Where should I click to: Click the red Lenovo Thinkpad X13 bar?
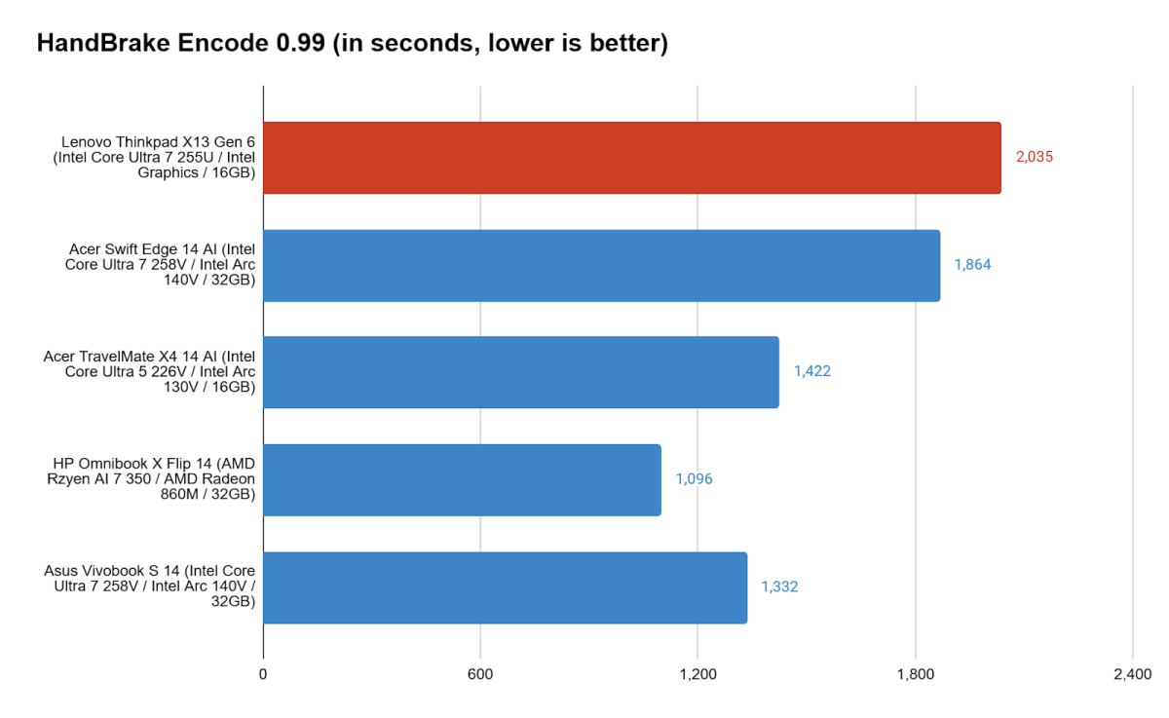[x=631, y=158]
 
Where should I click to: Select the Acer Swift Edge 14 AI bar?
[x=601, y=265]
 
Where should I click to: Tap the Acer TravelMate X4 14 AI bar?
[x=520, y=372]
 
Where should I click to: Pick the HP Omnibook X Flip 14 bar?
[x=462, y=479]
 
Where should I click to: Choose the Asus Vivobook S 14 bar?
[x=505, y=587]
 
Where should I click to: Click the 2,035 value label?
[x=1035, y=157]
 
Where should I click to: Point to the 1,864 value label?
[x=972, y=264]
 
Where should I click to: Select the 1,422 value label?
[x=811, y=371]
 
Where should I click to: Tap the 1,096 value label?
[x=694, y=479]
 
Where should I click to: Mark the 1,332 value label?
[x=779, y=586]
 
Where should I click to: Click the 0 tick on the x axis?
[x=263, y=674]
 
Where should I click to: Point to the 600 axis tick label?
[x=480, y=674]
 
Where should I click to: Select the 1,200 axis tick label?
[x=698, y=674]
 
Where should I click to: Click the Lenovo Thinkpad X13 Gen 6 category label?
[x=154, y=158]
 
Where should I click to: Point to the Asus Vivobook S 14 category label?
[x=150, y=587]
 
